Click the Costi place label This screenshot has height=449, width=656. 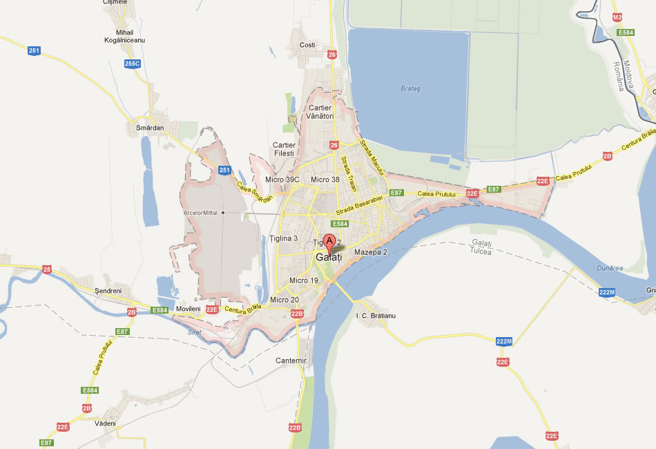coord(307,45)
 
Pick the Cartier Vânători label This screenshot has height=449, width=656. coord(320,112)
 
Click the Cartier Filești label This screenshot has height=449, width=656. coord(284,149)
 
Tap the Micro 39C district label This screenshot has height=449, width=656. coord(283,180)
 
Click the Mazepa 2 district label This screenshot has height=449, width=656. coord(371,252)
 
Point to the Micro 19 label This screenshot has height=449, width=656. coord(304,280)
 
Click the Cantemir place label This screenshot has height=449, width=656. coord(290,361)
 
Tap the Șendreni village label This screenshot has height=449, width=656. coord(108,291)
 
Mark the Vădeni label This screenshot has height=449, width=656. coord(106,423)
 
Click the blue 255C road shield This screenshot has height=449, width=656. coord(132,64)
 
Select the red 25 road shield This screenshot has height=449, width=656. coord(47,269)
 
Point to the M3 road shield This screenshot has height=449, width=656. coord(617,17)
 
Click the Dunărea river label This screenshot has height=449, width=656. coord(610,268)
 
